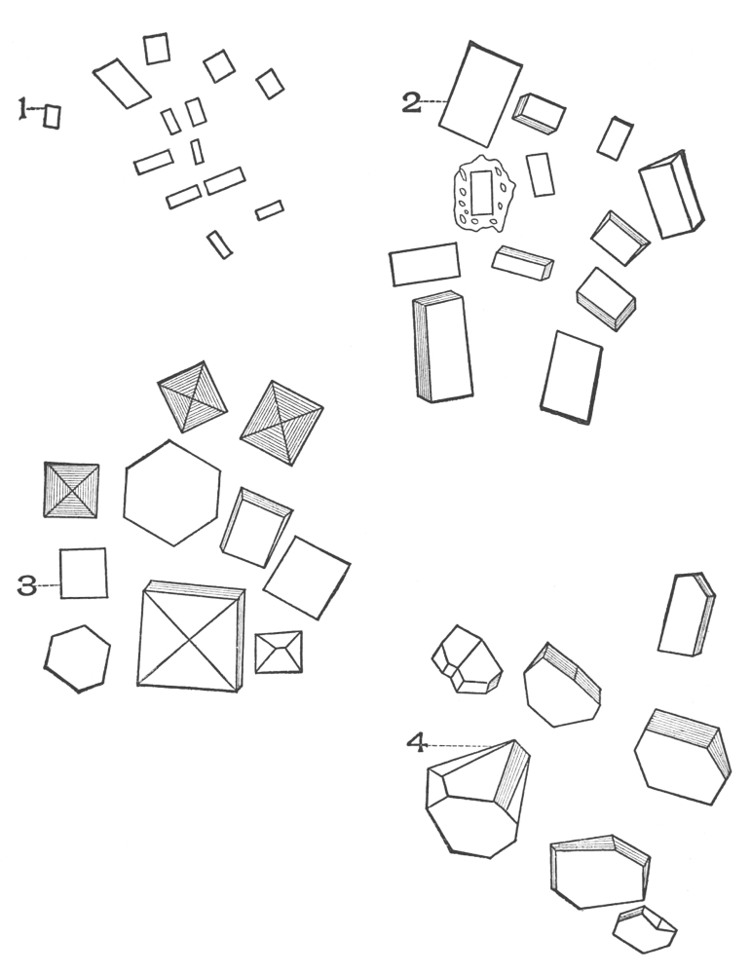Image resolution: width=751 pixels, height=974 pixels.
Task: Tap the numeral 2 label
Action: (x=411, y=102)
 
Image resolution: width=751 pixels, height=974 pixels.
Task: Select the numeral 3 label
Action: (x=26, y=585)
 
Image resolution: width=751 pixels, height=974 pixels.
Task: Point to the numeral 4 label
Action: (x=416, y=742)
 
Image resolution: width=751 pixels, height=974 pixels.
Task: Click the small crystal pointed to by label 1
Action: (x=53, y=117)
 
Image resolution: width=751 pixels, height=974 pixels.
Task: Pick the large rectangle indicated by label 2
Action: (x=481, y=94)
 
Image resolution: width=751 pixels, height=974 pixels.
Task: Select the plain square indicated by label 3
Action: (x=83, y=573)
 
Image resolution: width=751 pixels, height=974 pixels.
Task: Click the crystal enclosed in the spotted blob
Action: (x=482, y=193)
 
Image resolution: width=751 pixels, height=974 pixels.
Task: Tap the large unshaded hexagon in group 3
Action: (x=172, y=493)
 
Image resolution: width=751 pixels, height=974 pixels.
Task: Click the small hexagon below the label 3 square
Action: (x=77, y=658)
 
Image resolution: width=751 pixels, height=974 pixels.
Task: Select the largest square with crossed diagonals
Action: (x=191, y=637)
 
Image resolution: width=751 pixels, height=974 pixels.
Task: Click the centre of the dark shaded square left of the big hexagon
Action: (x=71, y=490)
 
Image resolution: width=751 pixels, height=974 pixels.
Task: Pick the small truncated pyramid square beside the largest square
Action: (x=279, y=653)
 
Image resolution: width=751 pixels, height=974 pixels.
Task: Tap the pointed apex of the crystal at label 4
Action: (x=514, y=740)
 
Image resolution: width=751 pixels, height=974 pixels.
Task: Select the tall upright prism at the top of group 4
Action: (x=687, y=614)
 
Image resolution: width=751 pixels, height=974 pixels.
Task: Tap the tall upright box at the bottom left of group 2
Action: (x=441, y=347)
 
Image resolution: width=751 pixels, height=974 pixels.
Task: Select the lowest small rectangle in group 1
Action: (x=219, y=244)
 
